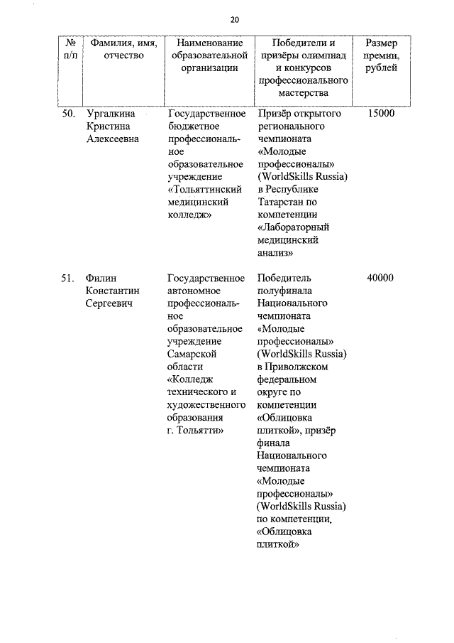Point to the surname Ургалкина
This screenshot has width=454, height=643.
[109, 113]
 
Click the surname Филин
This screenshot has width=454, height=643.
[101, 278]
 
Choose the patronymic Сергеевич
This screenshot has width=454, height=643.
[109, 303]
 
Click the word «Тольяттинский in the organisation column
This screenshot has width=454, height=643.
[205, 190]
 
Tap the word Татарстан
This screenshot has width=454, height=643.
[282, 202]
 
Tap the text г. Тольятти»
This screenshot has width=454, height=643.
[196, 431]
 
